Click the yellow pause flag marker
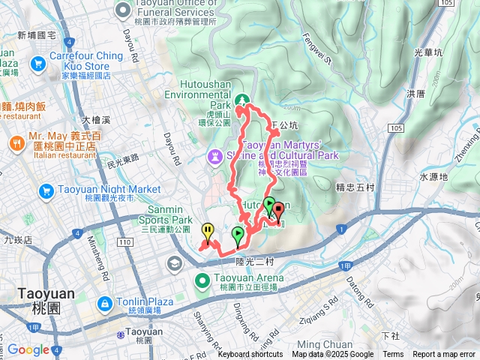[x=208, y=230]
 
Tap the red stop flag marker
[x=279, y=210]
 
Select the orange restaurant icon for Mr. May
[x=16, y=142]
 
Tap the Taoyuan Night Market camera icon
[x=46, y=192]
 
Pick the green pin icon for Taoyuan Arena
[x=202, y=282]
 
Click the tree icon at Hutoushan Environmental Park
[x=242, y=100]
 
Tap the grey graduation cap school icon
[x=175, y=263]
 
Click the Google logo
[x=28, y=349]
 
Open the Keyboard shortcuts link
[x=250, y=355]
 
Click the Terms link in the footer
[x=393, y=355]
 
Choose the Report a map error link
[x=444, y=355]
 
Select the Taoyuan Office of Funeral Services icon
[x=123, y=10]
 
